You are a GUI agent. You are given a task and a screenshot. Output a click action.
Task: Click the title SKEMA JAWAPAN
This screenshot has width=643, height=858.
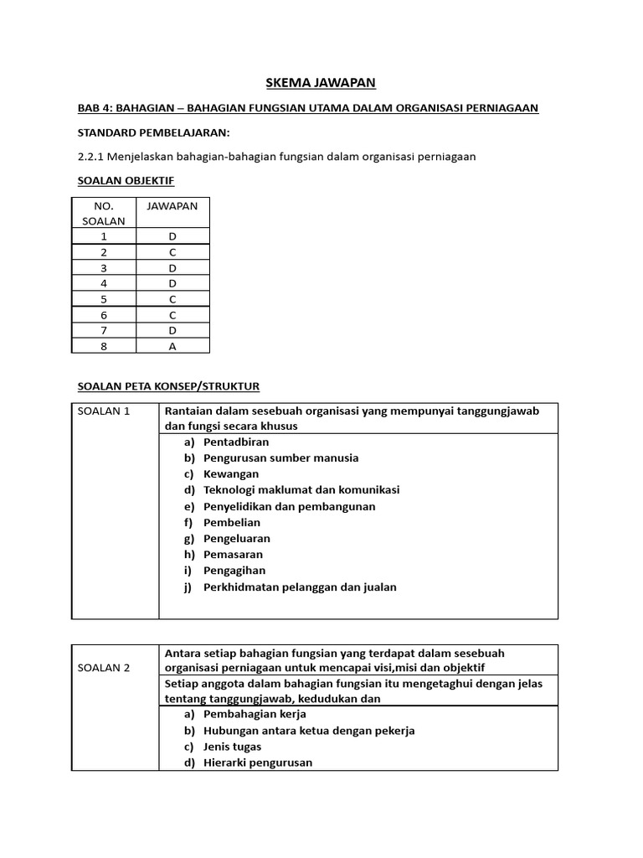(321, 82)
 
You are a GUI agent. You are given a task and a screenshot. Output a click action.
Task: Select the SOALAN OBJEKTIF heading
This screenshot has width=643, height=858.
(126, 180)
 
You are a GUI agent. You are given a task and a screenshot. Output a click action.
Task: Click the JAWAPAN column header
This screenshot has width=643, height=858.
(172, 206)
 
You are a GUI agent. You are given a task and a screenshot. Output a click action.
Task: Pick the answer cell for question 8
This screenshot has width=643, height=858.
(172, 345)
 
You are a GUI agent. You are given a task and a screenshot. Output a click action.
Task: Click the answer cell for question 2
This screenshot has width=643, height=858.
(172, 251)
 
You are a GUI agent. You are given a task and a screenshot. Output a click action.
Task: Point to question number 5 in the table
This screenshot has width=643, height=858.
(104, 298)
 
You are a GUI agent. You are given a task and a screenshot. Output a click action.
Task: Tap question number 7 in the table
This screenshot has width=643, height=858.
(104, 329)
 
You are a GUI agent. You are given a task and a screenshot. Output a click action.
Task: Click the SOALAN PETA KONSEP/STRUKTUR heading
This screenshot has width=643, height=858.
(168, 386)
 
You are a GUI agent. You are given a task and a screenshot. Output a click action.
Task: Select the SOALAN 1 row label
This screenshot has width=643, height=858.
(104, 411)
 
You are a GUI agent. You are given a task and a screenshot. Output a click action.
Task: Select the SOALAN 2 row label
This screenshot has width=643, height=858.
(104, 668)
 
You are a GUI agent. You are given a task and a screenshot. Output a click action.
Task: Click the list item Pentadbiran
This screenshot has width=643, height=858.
(236, 442)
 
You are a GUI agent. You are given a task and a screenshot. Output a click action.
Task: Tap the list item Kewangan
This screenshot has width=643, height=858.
(231, 474)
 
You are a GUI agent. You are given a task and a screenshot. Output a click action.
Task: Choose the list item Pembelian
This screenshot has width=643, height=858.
(232, 523)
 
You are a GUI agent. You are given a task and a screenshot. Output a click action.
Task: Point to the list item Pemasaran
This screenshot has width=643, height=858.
(233, 555)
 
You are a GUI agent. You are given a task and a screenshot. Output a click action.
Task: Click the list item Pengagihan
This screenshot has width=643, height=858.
(234, 571)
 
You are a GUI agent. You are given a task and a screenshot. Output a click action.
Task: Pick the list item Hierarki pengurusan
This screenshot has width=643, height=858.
(258, 762)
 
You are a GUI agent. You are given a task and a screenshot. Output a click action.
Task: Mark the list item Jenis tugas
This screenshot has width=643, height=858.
(232, 747)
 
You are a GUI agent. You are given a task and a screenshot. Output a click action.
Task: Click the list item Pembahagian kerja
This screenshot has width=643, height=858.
(255, 714)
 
